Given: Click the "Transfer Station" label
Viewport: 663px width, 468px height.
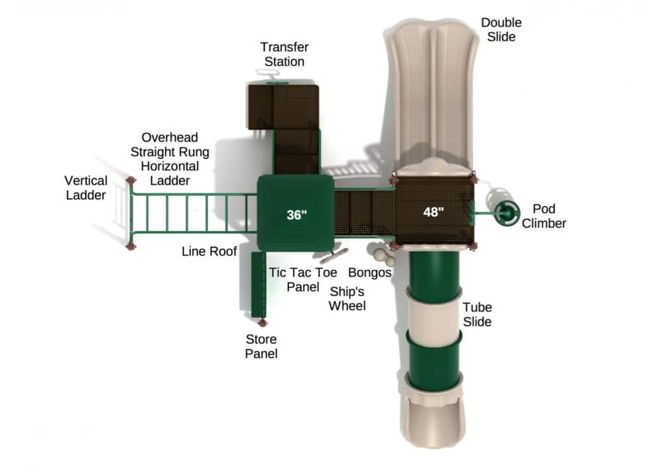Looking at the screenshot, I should tap(284, 54).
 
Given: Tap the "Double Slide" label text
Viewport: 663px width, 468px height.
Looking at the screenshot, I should tap(501, 30).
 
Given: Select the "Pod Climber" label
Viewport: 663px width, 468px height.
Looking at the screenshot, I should tap(544, 216).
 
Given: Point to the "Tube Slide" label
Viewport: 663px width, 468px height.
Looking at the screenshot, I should tap(477, 314).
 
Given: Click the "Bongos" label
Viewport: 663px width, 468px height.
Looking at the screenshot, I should tap(370, 272).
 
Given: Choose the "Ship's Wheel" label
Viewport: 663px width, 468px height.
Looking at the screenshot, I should tap(347, 299).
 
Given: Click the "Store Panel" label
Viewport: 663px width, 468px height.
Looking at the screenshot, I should tap(261, 346).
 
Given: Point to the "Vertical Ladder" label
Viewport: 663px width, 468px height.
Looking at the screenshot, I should tap(86, 187).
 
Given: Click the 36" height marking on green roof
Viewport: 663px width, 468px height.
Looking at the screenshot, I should tap(297, 214).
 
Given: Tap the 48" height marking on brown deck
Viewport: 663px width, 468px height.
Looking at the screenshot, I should tap(434, 212).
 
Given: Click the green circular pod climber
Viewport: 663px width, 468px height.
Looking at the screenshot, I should tap(505, 212).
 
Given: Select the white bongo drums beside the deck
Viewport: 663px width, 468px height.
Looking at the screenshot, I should tap(380, 254).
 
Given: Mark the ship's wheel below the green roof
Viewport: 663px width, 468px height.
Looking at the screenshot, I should tap(333, 256).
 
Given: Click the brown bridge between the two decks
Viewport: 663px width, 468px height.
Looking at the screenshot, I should tap(363, 212).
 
